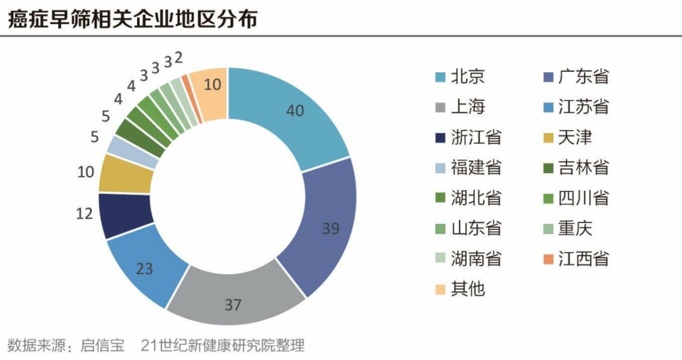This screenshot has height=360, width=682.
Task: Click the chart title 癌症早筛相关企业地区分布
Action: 133,18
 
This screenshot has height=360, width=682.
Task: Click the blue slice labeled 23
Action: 145,268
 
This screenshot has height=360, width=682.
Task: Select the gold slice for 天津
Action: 126,174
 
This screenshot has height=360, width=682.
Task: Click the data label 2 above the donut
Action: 179,58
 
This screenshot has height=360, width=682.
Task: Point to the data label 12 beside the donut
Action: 84,213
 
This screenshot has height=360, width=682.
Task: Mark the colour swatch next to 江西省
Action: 547,259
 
